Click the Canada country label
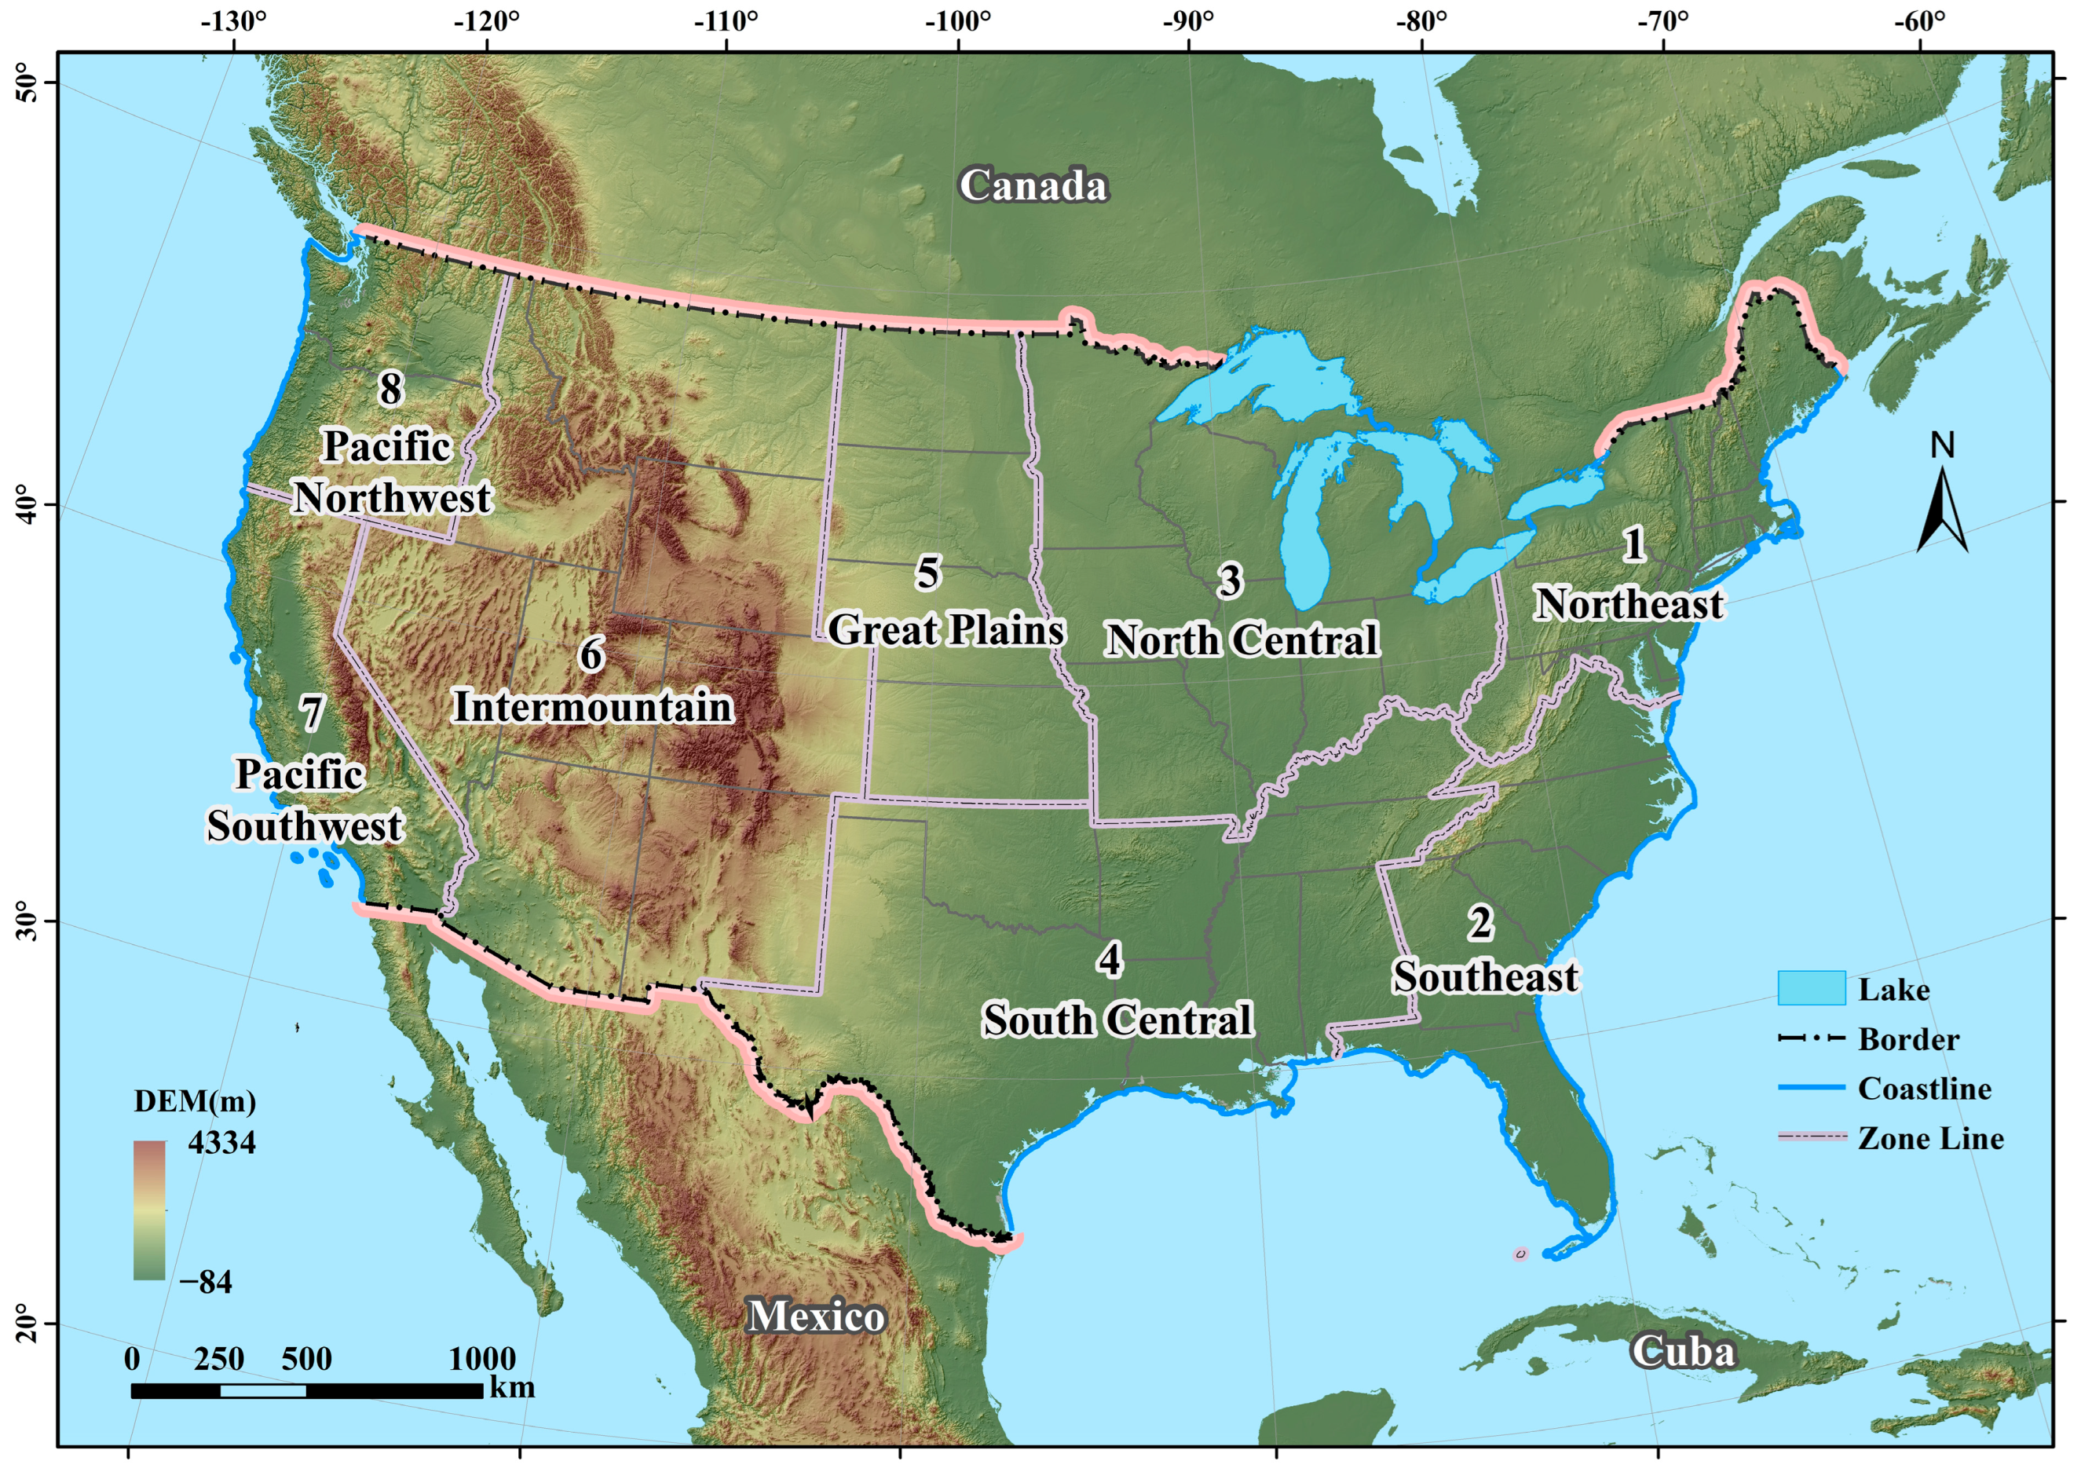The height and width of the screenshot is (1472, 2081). [1033, 186]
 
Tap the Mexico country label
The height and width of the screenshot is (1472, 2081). [816, 1316]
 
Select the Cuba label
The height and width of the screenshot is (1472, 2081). [1683, 1352]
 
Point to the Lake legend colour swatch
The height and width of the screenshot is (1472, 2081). [1811, 988]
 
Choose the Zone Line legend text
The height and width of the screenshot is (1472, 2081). [1930, 1138]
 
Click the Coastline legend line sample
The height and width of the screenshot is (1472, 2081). [1811, 1088]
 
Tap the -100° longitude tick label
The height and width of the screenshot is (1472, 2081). [958, 22]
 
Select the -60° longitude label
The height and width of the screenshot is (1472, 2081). [1918, 22]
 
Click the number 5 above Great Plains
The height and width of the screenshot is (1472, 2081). [927, 573]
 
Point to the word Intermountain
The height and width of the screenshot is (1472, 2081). [593, 707]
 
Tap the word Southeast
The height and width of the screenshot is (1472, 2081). [1486, 977]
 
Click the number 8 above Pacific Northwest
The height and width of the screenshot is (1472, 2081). [390, 389]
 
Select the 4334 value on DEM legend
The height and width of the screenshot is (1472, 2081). [222, 1142]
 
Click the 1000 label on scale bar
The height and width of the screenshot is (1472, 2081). [482, 1359]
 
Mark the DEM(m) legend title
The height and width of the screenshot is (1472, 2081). [195, 1101]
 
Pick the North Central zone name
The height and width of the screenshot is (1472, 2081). [1242, 641]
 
